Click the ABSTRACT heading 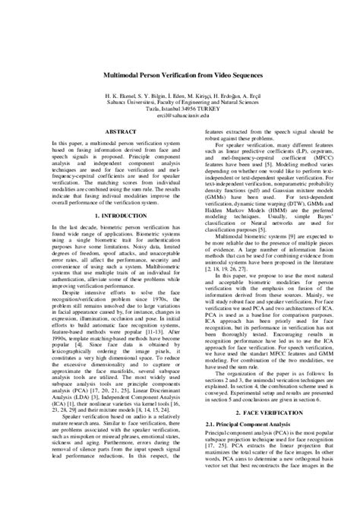point(100,131)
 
